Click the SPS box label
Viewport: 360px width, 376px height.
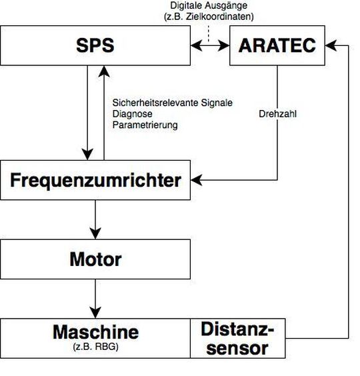click(x=95, y=45)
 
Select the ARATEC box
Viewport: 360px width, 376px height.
click(x=277, y=46)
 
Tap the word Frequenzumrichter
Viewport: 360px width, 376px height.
click(x=96, y=179)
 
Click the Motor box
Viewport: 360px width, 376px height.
click(x=96, y=259)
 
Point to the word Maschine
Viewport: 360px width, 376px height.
click(x=96, y=331)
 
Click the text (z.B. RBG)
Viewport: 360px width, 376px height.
click(x=96, y=346)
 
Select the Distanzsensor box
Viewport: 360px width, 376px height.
click(x=238, y=338)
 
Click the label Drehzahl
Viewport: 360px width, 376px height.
click(x=277, y=113)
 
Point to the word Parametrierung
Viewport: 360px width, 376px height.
click(x=145, y=125)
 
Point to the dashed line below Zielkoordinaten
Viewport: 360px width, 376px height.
click(x=209, y=32)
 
